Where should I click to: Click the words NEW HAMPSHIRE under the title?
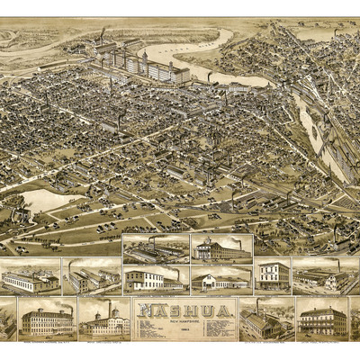184,321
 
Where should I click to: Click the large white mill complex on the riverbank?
148,66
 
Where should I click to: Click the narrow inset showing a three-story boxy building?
272,276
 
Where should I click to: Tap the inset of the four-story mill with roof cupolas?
45,319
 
